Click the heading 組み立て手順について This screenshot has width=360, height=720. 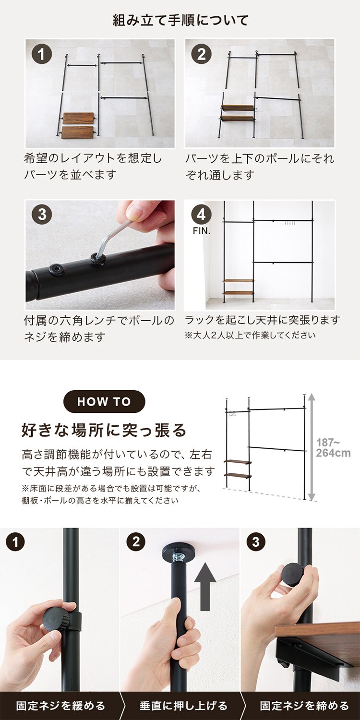[x=180, y=20]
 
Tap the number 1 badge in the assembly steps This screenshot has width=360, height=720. [x=41, y=54]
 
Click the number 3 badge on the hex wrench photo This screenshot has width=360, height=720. [x=42, y=215]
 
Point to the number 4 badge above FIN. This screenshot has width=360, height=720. [x=201, y=215]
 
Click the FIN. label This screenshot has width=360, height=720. [x=202, y=231]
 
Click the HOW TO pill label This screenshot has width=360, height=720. [x=104, y=401]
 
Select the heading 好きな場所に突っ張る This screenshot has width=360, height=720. [x=104, y=430]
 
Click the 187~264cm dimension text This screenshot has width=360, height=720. [x=333, y=448]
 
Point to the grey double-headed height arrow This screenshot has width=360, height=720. [x=311, y=447]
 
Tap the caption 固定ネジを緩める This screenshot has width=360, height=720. [x=60, y=706]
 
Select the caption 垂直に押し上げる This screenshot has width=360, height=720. [x=183, y=706]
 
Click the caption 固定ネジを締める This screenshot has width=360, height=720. [x=304, y=706]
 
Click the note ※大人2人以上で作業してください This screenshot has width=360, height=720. [x=250, y=336]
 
